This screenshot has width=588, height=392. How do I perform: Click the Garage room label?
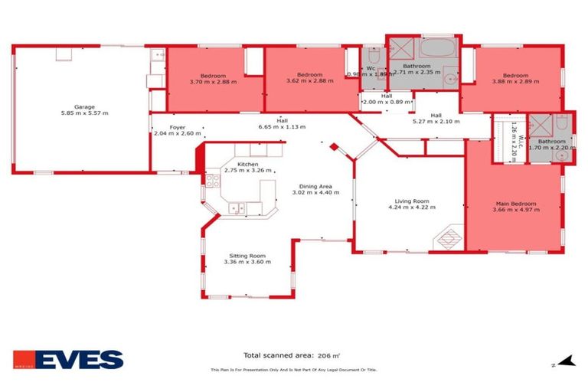(x=84, y=106)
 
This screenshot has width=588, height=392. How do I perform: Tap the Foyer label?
(x=178, y=127)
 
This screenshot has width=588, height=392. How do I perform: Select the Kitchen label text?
(x=247, y=165)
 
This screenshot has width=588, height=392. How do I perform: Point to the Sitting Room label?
(x=247, y=256)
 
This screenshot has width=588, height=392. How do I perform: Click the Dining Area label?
(x=315, y=187)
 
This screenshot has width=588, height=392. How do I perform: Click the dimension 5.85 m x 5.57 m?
(x=84, y=113)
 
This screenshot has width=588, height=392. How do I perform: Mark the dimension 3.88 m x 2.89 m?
(x=511, y=82)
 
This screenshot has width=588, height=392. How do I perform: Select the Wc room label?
(x=371, y=67)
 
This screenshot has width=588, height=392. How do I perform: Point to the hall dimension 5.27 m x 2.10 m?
(x=436, y=121)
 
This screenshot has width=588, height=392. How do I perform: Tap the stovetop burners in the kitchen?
(x=211, y=182)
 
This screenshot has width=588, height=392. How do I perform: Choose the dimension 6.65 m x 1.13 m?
(x=282, y=127)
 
